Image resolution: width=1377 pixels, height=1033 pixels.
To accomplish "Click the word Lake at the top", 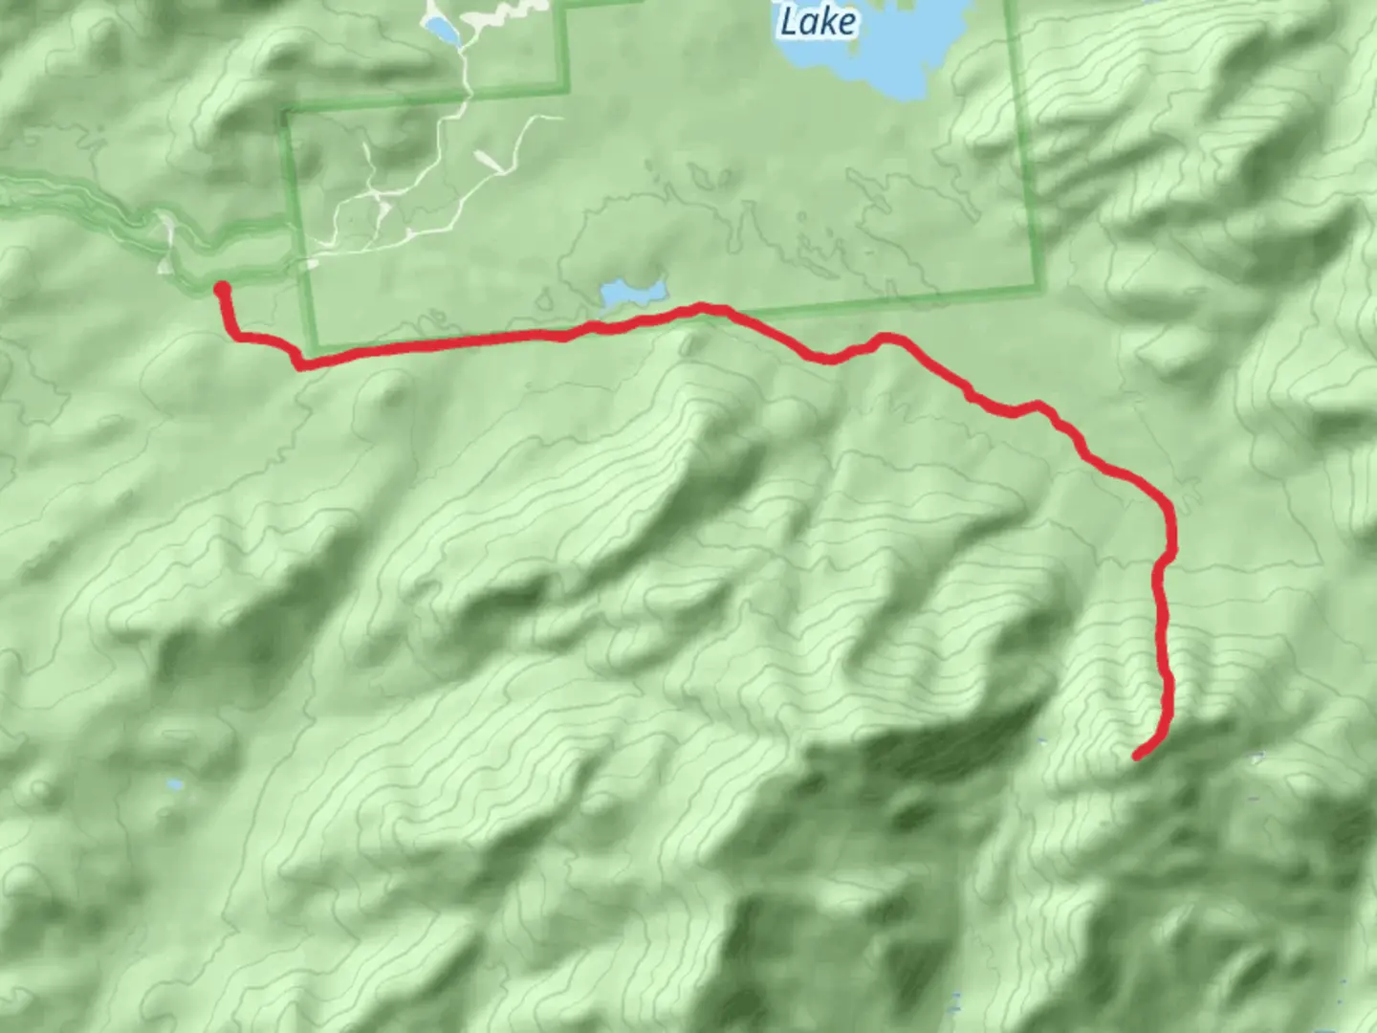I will click(x=818, y=21).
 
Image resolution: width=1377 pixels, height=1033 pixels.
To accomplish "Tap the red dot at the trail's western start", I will click(x=221, y=289).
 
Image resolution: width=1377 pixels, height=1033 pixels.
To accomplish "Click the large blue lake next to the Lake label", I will click(x=889, y=48).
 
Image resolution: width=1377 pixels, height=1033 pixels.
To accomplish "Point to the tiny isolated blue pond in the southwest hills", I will click(x=174, y=785).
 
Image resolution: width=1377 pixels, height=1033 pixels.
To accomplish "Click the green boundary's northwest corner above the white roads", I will click(x=284, y=111).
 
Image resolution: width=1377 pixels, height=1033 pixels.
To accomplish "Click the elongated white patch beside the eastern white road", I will click(x=491, y=164).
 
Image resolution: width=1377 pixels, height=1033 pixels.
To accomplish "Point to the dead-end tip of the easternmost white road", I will click(x=561, y=119).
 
